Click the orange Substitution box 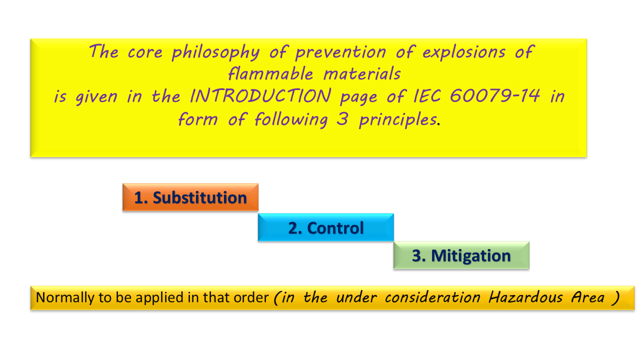pyautogui.click(x=190, y=197)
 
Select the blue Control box pyautogui.click(x=325, y=227)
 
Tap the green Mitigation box pyautogui.click(x=461, y=255)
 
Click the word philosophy pyautogui.click(x=215, y=52)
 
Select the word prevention pyautogui.click(x=340, y=52)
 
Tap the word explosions pyautogui.click(x=463, y=52)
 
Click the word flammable pyautogui.click(x=270, y=73)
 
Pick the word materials pyautogui.click(x=362, y=73)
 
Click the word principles pyautogui.click(x=398, y=119)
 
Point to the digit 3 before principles pyautogui.click(x=342, y=118)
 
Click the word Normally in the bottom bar pyautogui.click(x=65, y=297)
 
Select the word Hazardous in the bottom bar pyautogui.click(x=525, y=297)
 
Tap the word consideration pyautogui.click(x=432, y=297)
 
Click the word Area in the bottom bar pyautogui.click(x=587, y=297)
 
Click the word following pyautogui.click(x=291, y=119)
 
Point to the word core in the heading pyautogui.click(x=145, y=53)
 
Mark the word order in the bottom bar pyautogui.click(x=251, y=297)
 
